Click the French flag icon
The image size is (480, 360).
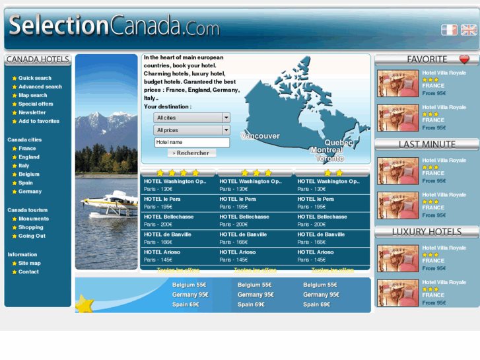coord(449,30)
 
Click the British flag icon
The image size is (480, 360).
coord(469,30)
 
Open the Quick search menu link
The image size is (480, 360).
coord(34,78)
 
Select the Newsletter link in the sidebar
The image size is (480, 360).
coord(32,112)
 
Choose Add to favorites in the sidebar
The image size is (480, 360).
coord(38,121)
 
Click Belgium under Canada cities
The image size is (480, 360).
coord(28,174)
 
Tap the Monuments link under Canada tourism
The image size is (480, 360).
coord(33,219)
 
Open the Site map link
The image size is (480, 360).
coord(29,263)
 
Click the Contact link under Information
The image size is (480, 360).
coord(28,271)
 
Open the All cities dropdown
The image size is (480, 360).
coord(191,118)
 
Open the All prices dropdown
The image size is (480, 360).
coord(191,130)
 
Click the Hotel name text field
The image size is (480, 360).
coord(191,142)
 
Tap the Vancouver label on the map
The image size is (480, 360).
coord(260,136)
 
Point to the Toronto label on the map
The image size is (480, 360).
coord(329,159)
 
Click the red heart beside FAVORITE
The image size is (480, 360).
coord(465,59)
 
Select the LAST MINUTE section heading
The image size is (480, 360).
coord(427,144)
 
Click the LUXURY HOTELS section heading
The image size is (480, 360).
coord(427,232)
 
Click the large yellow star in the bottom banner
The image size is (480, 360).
coord(86,304)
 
